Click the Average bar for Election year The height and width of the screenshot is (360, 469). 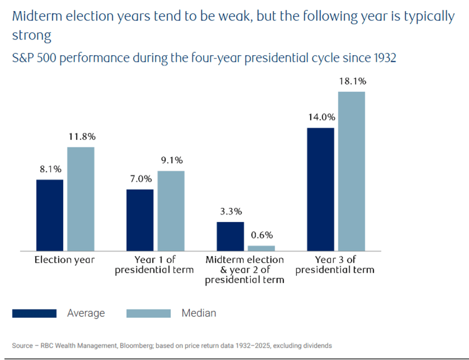[x=50, y=215]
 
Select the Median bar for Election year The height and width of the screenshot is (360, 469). [x=81, y=199]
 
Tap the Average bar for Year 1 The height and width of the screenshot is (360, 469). [x=140, y=220]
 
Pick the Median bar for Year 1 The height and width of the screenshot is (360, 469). [x=171, y=211]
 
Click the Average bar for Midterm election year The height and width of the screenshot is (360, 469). [x=230, y=236]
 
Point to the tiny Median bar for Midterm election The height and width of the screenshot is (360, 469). [x=261, y=248]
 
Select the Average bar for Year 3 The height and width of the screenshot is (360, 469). [x=320, y=190]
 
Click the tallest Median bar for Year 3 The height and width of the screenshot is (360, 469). [x=352, y=171]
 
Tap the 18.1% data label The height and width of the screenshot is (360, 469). [x=353, y=81]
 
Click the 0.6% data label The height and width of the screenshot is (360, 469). [x=262, y=235]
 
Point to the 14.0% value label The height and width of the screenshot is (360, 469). [x=322, y=117]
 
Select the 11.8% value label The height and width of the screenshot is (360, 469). [x=82, y=136]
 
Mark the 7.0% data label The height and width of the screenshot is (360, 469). [x=141, y=179]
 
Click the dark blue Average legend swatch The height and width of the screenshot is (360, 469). [x=34, y=313]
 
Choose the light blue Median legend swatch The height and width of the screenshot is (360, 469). [x=149, y=313]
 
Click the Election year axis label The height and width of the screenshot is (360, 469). [x=65, y=260]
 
